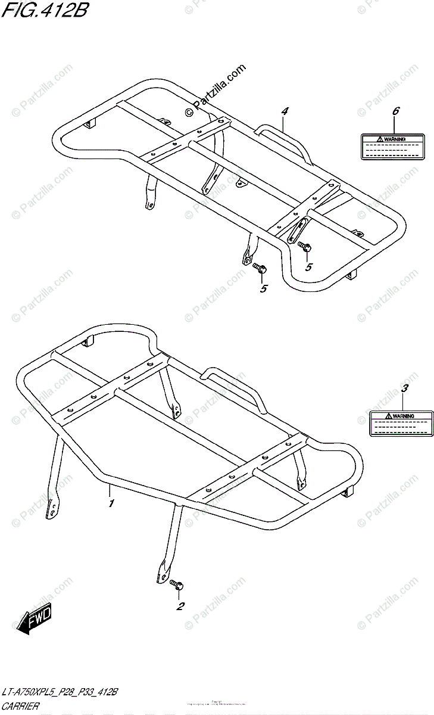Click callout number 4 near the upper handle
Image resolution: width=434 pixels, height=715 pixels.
coord(285,111)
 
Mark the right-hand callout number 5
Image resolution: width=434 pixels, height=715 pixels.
coord(308,268)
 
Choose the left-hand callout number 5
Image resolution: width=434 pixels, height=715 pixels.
coord(263,288)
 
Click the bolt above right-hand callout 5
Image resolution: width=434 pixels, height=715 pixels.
coord(305,245)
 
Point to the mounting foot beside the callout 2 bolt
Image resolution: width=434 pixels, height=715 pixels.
coord(161,573)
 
